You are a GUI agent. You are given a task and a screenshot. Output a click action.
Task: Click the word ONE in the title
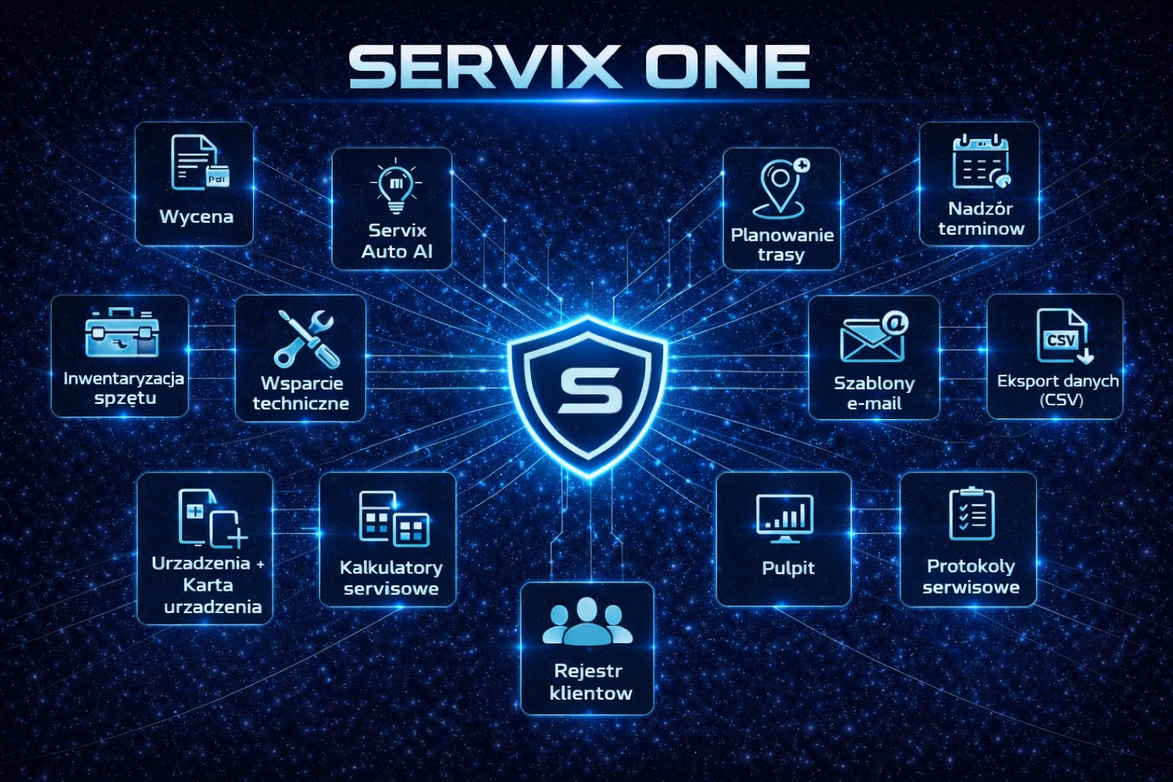pyautogui.click(x=726, y=67)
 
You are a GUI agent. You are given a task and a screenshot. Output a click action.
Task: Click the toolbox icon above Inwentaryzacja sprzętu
pyautogui.click(x=122, y=333)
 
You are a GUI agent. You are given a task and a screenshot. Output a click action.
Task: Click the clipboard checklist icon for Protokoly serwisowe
pyautogui.click(x=971, y=514)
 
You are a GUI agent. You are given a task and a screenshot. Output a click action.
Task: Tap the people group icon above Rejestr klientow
pyautogui.click(x=587, y=622)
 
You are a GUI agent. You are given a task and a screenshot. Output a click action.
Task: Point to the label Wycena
pyautogui.click(x=196, y=217)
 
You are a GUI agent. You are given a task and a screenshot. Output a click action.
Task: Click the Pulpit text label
pyautogui.click(x=788, y=568)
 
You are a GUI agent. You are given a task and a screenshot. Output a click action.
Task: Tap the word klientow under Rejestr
pyautogui.click(x=590, y=693)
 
